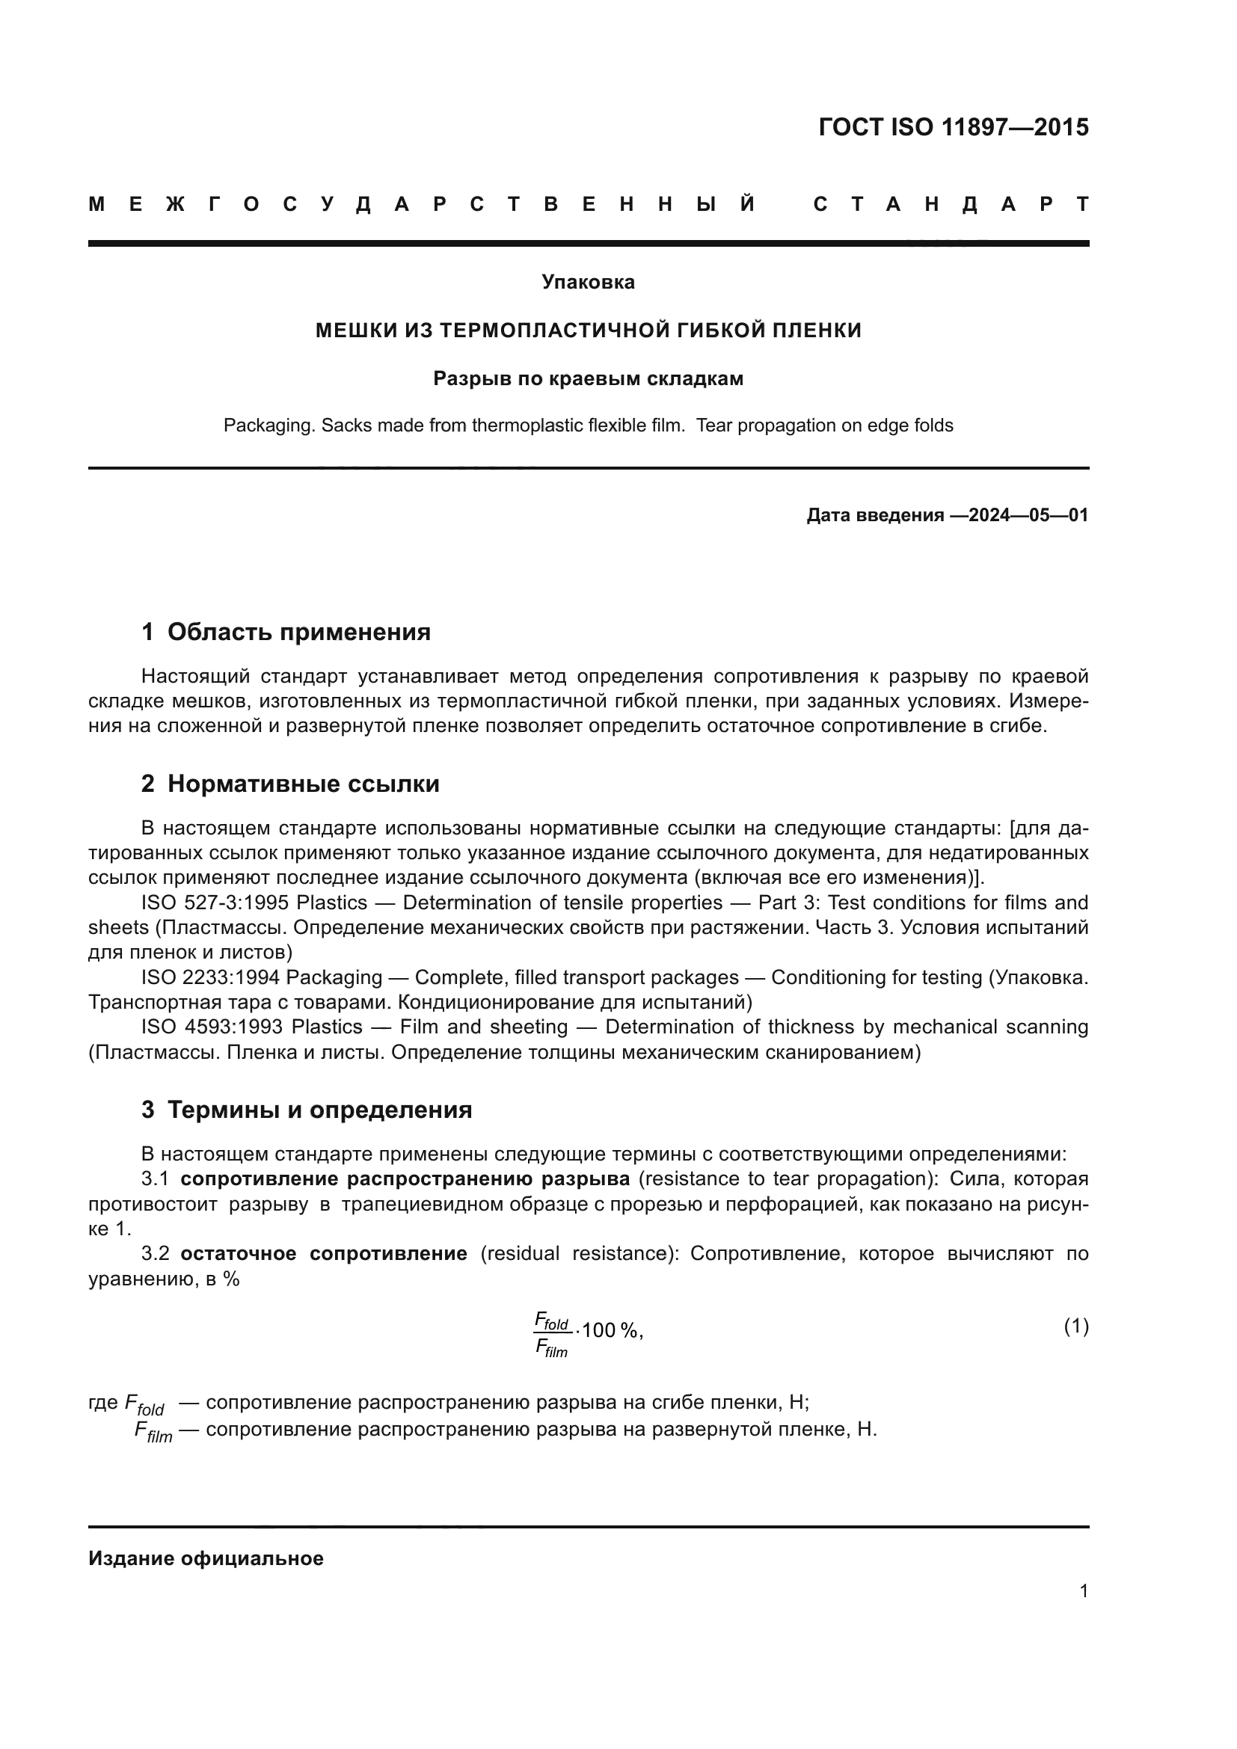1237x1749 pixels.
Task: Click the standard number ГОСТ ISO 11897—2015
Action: pos(953,127)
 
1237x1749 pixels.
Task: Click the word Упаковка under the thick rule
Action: pos(588,283)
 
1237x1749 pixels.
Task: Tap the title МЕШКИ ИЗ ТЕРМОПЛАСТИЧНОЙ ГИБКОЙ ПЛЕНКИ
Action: pos(588,331)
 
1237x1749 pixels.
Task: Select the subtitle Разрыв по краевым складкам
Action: pos(588,378)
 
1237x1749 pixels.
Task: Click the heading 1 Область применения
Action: pos(286,632)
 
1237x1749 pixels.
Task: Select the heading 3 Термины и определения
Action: pos(306,1110)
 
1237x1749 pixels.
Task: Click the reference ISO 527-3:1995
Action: pos(214,903)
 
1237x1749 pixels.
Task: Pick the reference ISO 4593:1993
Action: pos(213,1027)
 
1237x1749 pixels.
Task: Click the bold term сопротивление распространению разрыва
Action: pos(405,1179)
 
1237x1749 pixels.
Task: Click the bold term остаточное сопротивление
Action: pos(323,1254)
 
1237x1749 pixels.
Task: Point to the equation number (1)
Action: pos(1075,1327)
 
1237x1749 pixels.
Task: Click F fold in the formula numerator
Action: pos(552,1320)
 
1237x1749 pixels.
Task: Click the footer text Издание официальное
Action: pos(206,1558)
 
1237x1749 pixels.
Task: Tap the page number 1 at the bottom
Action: pos(1083,1591)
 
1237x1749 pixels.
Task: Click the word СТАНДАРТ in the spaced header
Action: pos(951,204)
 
